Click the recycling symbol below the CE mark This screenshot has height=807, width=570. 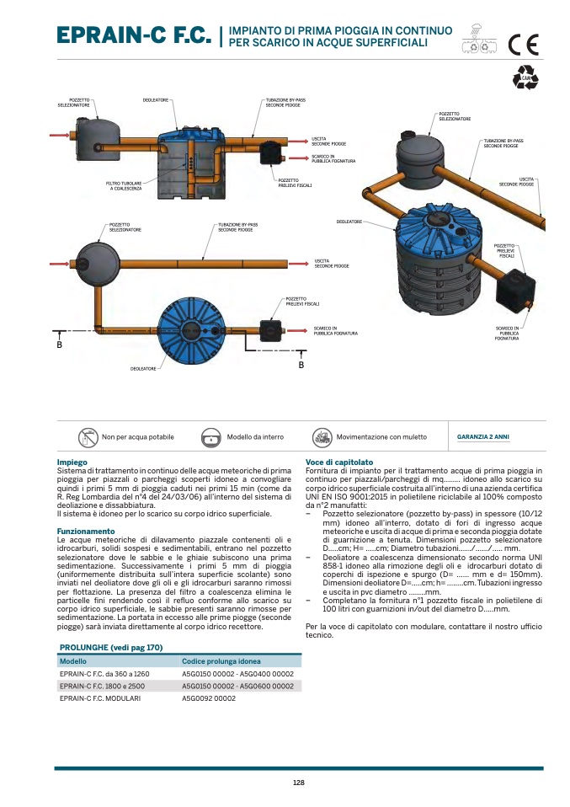525,77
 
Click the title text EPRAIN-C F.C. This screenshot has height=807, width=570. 133,36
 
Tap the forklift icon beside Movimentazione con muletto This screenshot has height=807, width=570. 321,437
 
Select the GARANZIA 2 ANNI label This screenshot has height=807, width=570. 482,437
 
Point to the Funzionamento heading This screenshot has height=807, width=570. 85,532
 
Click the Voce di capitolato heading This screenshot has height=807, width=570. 338,462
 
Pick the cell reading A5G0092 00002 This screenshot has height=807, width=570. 208,698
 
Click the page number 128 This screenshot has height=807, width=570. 298,783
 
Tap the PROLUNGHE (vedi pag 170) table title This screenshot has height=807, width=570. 110,647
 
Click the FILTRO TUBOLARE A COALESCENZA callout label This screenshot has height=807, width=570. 124,185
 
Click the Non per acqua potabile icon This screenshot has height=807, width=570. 88,437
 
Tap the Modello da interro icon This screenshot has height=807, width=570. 210,438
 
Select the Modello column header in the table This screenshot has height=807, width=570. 73,661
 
